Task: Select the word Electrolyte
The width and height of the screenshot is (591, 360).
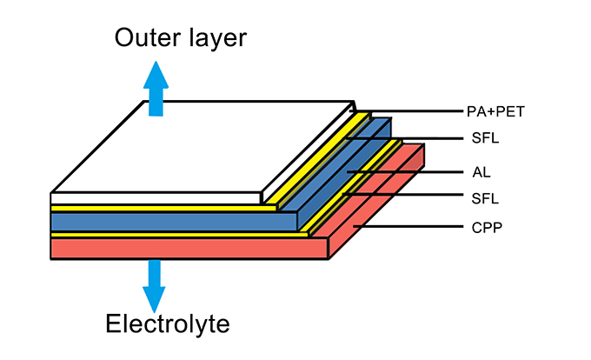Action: (168, 325)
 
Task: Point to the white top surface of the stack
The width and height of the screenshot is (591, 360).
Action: (200, 148)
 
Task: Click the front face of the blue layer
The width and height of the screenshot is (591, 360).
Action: (174, 222)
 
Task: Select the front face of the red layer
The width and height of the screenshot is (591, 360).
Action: (187, 249)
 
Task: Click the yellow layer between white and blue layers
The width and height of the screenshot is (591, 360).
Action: (156, 209)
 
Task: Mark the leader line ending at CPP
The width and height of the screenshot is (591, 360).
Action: (408, 227)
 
